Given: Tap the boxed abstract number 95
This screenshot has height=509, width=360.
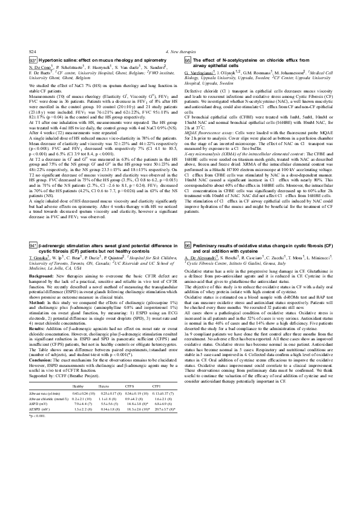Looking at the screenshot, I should (188, 61).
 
